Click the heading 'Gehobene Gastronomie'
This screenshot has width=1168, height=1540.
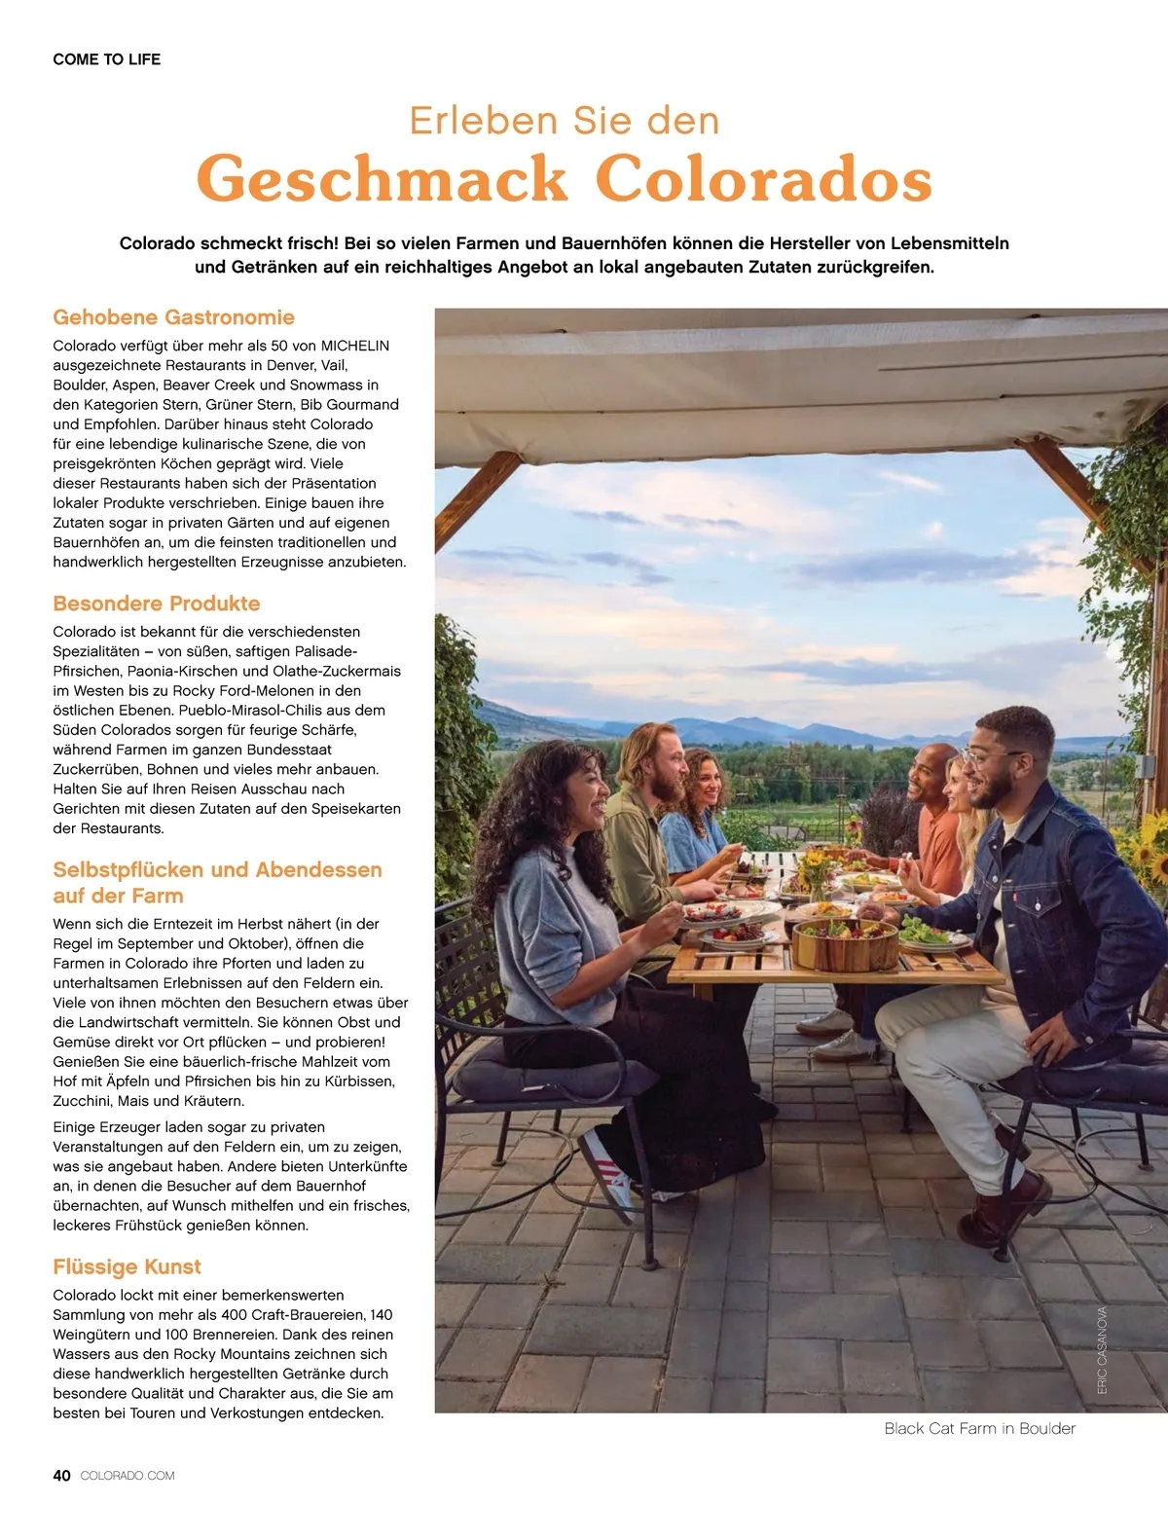pos(173,317)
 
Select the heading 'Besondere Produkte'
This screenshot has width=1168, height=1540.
pos(157,604)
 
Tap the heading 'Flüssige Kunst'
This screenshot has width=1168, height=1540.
pos(127,1266)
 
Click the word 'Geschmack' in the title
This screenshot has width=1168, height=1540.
pos(382,179)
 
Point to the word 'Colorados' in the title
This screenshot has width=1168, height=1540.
pos(763,179)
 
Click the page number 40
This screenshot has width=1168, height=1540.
pos(61,1476)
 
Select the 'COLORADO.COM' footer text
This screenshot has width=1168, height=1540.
pos(128,1476)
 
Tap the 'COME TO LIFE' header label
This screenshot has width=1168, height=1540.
pos(107,59)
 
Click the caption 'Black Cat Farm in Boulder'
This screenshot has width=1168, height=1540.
pos(979,1429)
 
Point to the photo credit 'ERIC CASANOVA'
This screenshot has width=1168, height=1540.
pos(1103,1350)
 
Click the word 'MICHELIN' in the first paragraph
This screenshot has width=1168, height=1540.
pos(355,346)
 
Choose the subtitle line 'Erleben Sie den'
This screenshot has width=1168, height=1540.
pos(565,121)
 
